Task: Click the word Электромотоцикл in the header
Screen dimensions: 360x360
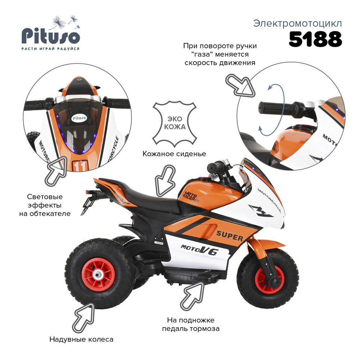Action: pos(297,24)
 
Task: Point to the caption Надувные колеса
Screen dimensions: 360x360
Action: pos(81,339)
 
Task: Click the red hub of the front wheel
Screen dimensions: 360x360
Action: pos(267,280)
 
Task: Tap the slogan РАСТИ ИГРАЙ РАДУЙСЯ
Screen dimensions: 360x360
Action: pos(50,48)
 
